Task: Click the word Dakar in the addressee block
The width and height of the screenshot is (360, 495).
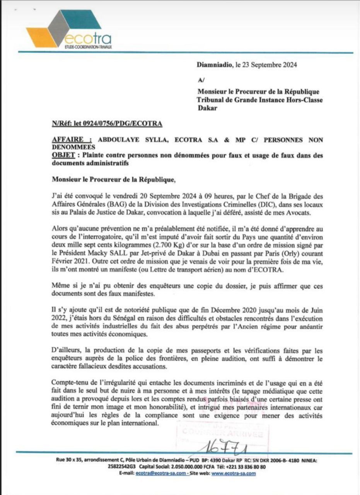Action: pyautogui.click(x=207, y=108)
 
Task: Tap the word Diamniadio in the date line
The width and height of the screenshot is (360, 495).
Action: pyautogui.click(x=215, y=65)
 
